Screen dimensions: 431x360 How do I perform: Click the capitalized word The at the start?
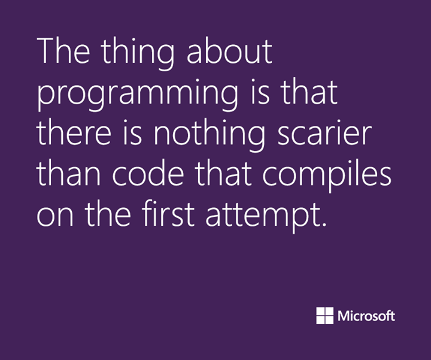(x=63, y=51)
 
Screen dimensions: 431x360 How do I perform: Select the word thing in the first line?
(x=138, y=54)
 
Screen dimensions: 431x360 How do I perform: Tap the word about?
(x=229, y=52)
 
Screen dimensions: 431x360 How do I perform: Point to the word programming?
(x=138, y=95)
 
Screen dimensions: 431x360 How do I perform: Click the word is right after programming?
(x=260, y=92)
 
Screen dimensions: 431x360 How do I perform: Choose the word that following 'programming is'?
(x=310, y=92)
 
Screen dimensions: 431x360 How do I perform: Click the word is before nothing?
(x=132, y=133)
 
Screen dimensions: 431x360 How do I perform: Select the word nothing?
(x=209, y=136)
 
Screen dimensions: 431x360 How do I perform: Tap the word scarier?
(x=324, y=133)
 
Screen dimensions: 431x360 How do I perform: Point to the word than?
(x=68, y=174)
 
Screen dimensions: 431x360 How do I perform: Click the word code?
(x=148, y=174)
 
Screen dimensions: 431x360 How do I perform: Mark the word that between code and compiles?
(x=223, y=174)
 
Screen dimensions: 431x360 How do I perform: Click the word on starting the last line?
(x=55, y=217)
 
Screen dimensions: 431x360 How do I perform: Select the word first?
(x=168, y=214)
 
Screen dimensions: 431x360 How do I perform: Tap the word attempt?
(x=263, y=217)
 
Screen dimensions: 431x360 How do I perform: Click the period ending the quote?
(x=324, y=224)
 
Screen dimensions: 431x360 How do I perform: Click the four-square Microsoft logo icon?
(x=324, y=316)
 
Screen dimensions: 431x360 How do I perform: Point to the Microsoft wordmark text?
(x=366, y=316)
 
